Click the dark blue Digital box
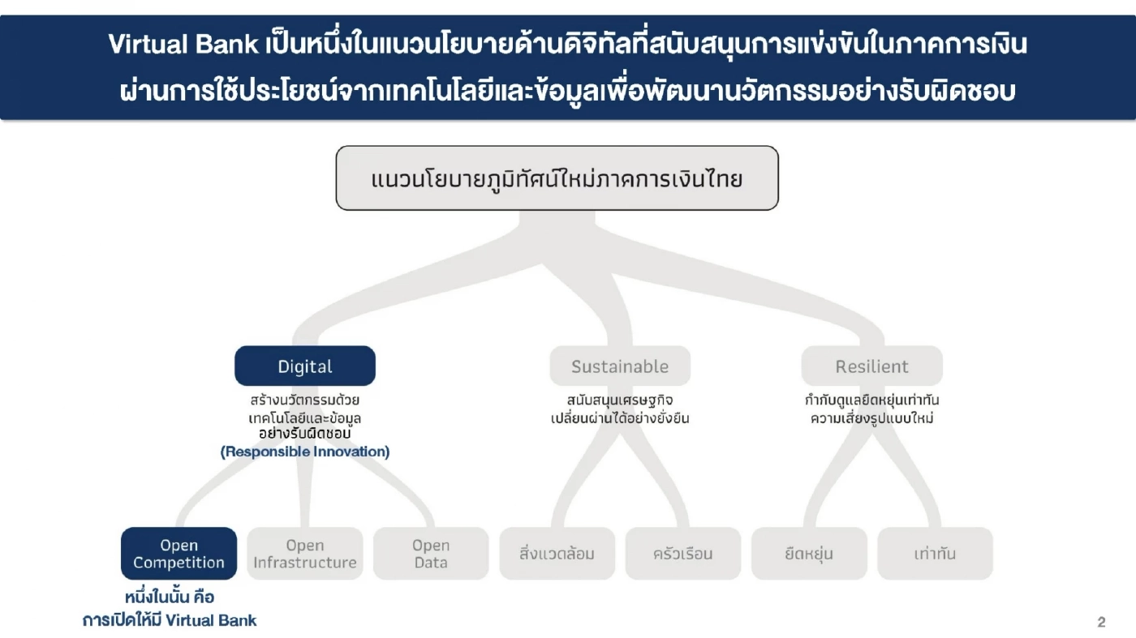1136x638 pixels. pos(305,366)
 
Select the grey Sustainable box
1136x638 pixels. pos(620,366)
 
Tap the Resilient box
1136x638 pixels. pos(872,366)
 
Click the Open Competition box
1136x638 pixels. pos(179,554)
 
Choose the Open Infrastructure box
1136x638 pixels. pos(305,554)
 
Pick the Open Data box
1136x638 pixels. pos(431,554)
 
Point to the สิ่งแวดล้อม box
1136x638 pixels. pos(557,554)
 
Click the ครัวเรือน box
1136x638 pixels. pos(683,554)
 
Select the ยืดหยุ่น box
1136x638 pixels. pos(809,554)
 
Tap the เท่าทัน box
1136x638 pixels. pos(935,554)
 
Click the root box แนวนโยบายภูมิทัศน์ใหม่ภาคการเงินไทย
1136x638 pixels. pos(557,178)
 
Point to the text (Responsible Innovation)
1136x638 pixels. pos(305,452)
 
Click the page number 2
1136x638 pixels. pos(1101,623)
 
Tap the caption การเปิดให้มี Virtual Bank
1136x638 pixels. pos(170,621)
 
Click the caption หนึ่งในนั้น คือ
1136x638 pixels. pos(170,598)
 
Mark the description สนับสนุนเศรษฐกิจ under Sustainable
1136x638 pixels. pos(620,400)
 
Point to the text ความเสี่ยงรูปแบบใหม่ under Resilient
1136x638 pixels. pos(872,419)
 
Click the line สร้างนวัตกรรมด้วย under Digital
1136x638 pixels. pos(305,400)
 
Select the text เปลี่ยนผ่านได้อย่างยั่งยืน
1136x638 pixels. pos(620,419)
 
